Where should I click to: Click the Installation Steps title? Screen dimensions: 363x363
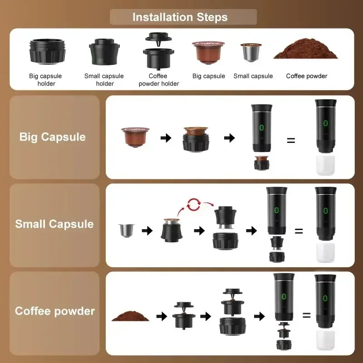pyautogui.click(x=180, y=17)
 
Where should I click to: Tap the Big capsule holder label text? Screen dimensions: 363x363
pyautogui.click(x=45, y=79)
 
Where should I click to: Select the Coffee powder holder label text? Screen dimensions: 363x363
pyautogui.click(x=158, y=79)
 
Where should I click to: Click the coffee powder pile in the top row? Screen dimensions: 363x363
pyautogui.click(x=305, y=52)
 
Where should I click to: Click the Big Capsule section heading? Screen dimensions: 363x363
pyautogui.click(x=53, y=137)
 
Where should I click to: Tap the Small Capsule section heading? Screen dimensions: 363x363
pyautogui.click(x=54, y=224)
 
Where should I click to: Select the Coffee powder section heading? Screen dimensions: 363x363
pyautogui.click(x=55, y=311)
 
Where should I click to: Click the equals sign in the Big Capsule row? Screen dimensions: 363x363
pyautogui.click(x=291, y=140)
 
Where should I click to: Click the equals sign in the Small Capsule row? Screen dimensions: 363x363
pyautogui.click(x=299, y=231)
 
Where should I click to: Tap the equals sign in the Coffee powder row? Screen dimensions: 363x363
pyautogui.click(x=306, y=315)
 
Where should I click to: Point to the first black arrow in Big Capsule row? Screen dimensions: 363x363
pyautogui.click(x=166, y=138)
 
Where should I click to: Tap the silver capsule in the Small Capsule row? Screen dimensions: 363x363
pyautogui.click(x=124, y=231)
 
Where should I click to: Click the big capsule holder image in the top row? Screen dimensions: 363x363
pyautogui.click(x=47, y=52)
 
